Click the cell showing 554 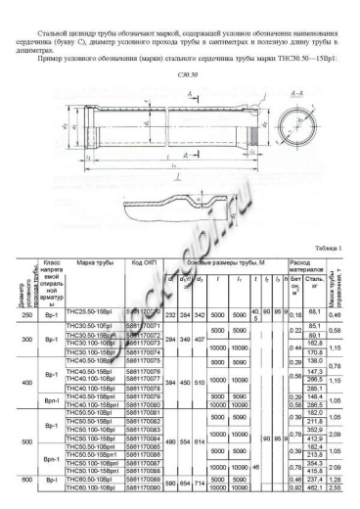click(185, 443)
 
